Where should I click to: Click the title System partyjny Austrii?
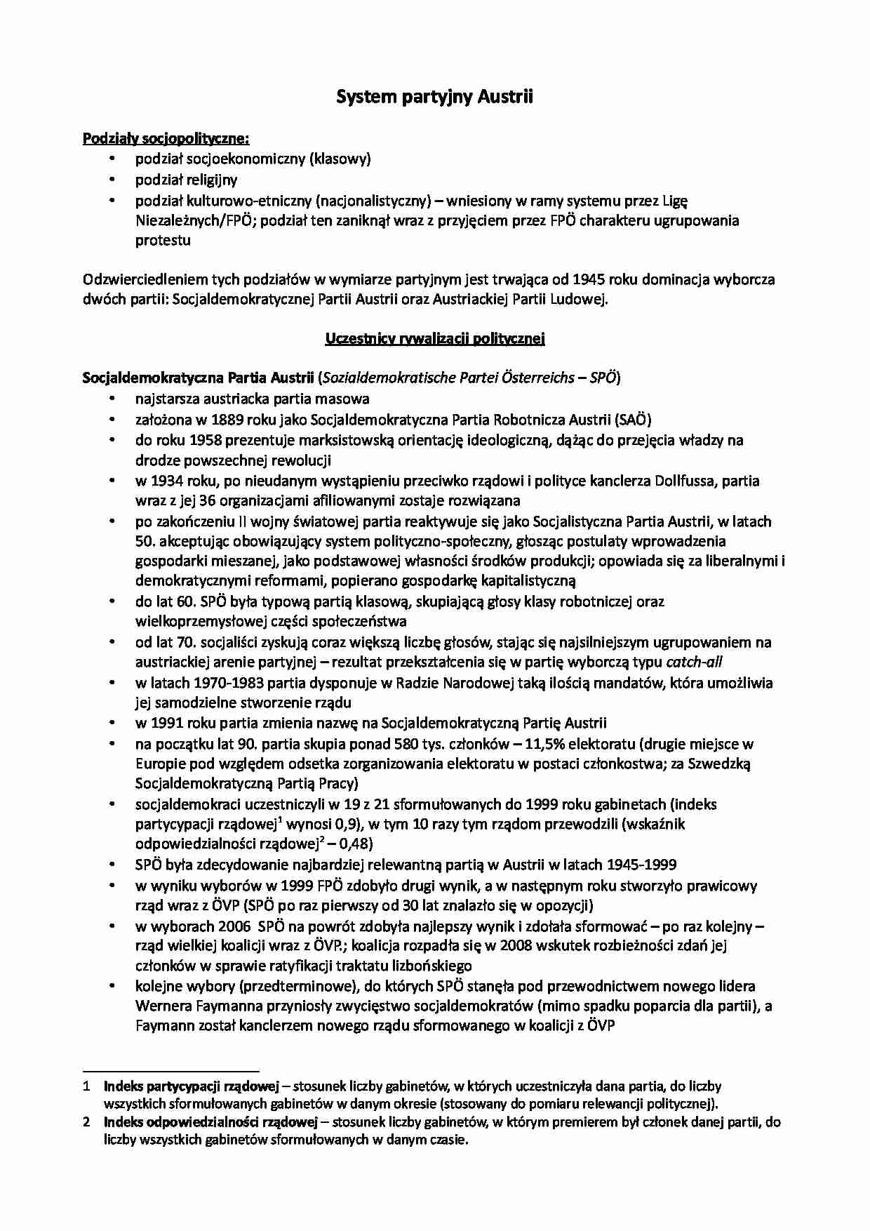tap(434, 97)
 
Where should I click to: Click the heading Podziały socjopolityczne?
tap(166, 138)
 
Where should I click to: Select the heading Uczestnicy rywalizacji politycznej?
tap(435, 339)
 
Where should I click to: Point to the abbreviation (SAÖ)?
tap(633, 420)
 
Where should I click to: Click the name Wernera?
tap(161, 1006)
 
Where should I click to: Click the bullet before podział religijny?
tap(112, 180)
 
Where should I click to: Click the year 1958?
tap(205, 441)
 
